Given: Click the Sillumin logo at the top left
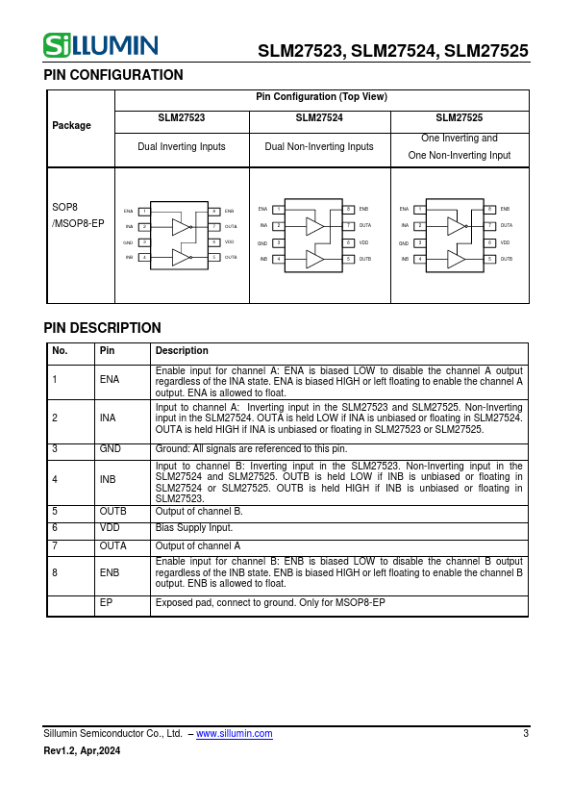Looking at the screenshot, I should pyautogui.click(x=100, y=45).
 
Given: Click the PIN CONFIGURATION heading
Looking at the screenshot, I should pyautogui.click(x=113, y=75).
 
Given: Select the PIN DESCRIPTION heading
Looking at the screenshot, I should pyautogui.click(x=102, y=328).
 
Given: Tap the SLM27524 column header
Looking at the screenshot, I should pyautogui.click(x=319, y=117).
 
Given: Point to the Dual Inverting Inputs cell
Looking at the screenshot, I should pyautogui.click(x=182, y=146).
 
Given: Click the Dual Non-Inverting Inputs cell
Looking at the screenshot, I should pyautogui.click(x=319, y=146).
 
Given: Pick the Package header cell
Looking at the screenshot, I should pyautogui.click(x=72, y=125).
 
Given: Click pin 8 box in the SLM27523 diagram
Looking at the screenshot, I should pyautogui.click(x=214, y=211).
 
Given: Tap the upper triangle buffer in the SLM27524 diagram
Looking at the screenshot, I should pyautogui.click(x=314, y=226).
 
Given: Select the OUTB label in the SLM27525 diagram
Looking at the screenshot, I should pyautogui.click(x=507, y=259).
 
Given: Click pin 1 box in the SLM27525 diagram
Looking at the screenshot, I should pyautogui.click(x=419, y=209).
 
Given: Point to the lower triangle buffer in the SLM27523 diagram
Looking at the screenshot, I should pyautogui.click(x=181, y=257).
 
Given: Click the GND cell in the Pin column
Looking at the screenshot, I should pyautogui.click(x=111, y=449).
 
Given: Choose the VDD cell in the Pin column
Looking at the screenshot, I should pyautogui.click(x=110, y=528).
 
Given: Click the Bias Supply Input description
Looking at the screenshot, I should pyautogui.click(x=194, y=528).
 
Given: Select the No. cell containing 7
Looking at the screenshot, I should pyautogui.click(x=56, y=545).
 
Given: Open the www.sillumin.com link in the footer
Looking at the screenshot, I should pyautogui.click(x=234, y=734).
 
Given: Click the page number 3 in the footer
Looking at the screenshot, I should pyautogui.click(x=526, y=734).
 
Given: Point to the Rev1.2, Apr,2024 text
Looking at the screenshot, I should pyautogui.click(x=82, y=751).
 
